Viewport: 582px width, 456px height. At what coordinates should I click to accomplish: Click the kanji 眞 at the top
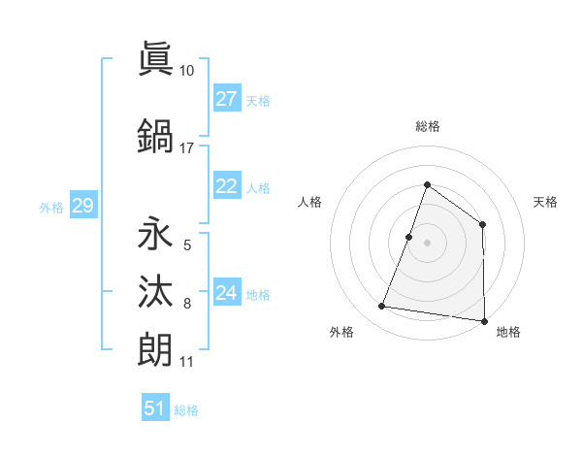point(155,57)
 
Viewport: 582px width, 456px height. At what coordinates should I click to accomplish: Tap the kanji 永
point(155,235)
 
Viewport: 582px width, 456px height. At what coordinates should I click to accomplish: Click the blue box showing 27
point(226,99)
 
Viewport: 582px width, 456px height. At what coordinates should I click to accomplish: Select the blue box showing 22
point(226,187)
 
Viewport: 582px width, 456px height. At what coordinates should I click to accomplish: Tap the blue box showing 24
point(226,294)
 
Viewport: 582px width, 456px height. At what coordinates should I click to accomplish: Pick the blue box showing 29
point(82,206)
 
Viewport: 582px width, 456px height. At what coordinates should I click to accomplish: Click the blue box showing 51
point(155,408)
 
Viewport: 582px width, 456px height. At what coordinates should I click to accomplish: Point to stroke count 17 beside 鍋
point(187,148)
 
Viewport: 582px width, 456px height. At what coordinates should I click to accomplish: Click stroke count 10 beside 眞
point(187,70)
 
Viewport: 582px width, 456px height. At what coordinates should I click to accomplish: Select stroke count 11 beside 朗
point(187,362)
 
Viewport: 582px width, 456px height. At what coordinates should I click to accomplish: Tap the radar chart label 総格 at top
point(427,127)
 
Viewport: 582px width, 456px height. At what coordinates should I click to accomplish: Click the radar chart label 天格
point(546,202)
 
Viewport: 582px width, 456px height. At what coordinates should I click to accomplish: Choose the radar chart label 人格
point(309,202)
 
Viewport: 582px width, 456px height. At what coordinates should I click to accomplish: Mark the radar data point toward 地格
point(483,320)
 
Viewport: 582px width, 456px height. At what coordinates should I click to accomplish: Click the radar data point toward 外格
point(382,307)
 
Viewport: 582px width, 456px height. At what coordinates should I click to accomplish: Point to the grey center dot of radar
point(427,243)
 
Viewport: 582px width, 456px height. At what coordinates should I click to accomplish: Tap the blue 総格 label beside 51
point(186,410)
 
